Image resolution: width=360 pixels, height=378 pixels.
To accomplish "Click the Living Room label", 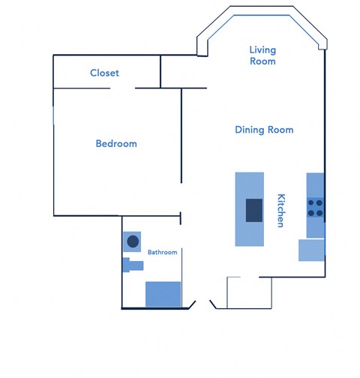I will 262,55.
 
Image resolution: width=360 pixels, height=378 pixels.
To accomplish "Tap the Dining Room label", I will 264,130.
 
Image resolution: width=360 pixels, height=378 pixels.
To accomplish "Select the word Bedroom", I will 116,143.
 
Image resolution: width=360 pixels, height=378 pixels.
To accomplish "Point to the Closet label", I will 104,73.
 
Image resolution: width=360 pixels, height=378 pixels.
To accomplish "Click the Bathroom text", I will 162,253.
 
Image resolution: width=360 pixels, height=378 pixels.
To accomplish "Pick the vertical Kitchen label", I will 281,211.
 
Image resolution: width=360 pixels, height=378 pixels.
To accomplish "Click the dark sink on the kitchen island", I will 254,209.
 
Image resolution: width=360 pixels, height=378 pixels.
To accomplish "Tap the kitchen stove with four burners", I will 315,207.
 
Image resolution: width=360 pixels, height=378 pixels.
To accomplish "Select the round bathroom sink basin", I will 133,241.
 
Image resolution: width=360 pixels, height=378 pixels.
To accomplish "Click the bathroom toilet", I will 133,264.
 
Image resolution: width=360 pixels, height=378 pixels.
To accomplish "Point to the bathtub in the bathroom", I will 163,293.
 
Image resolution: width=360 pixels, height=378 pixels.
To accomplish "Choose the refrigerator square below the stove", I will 310,250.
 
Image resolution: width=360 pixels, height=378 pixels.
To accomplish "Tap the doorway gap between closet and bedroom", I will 123,88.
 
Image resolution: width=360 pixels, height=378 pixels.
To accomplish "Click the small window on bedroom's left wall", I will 52,115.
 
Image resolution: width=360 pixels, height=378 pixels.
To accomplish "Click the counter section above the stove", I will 315,184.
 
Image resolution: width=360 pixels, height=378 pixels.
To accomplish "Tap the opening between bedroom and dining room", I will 181,200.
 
